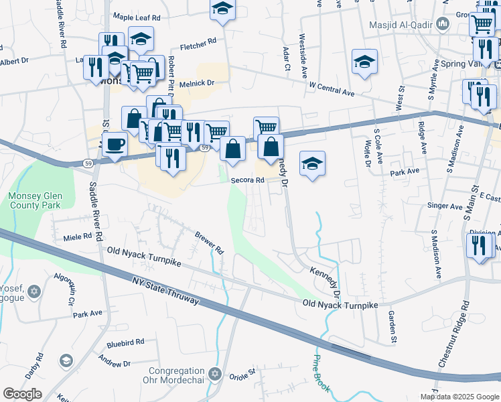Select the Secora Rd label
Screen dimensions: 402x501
[x=244, y=180]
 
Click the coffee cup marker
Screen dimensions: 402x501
[x=115, y=144]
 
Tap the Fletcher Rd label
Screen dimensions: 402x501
[x=199, y=44]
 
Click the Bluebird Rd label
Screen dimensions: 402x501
[x=125, y=342]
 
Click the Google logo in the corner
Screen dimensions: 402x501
[x=23, y=394]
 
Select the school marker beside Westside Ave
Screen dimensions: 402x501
[x=363, y=62]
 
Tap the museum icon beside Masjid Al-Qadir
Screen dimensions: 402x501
[x=442, y=25]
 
